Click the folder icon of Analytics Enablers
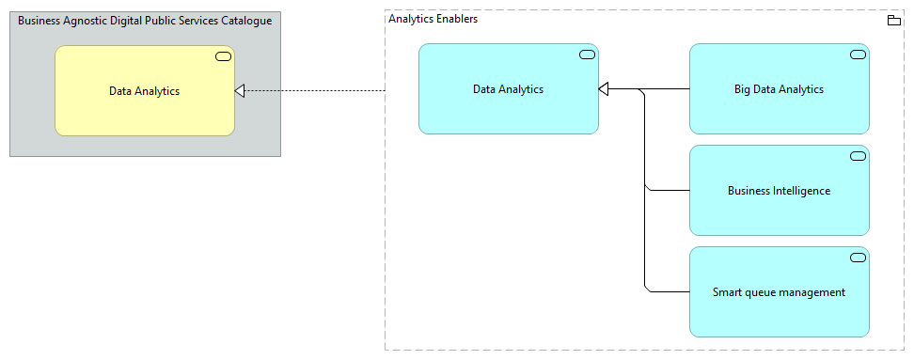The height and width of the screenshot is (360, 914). coord(894,21)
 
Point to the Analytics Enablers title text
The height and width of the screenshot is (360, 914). coord(433,19)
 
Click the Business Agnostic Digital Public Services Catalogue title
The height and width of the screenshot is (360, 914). coord(145,21)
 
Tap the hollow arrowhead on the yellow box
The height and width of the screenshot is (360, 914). coord(240,90)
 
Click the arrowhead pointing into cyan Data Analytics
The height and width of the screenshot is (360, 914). coord(604,89)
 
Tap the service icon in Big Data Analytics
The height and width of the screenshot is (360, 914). coord(858,55)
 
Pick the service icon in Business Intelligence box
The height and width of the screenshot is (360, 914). coord(858,156)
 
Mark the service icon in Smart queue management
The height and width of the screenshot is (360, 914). coord(858,258)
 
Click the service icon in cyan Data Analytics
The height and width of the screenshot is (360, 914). coord(587,55)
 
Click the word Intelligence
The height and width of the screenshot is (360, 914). coord(801,191)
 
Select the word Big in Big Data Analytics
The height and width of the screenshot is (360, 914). coord(743,89)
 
